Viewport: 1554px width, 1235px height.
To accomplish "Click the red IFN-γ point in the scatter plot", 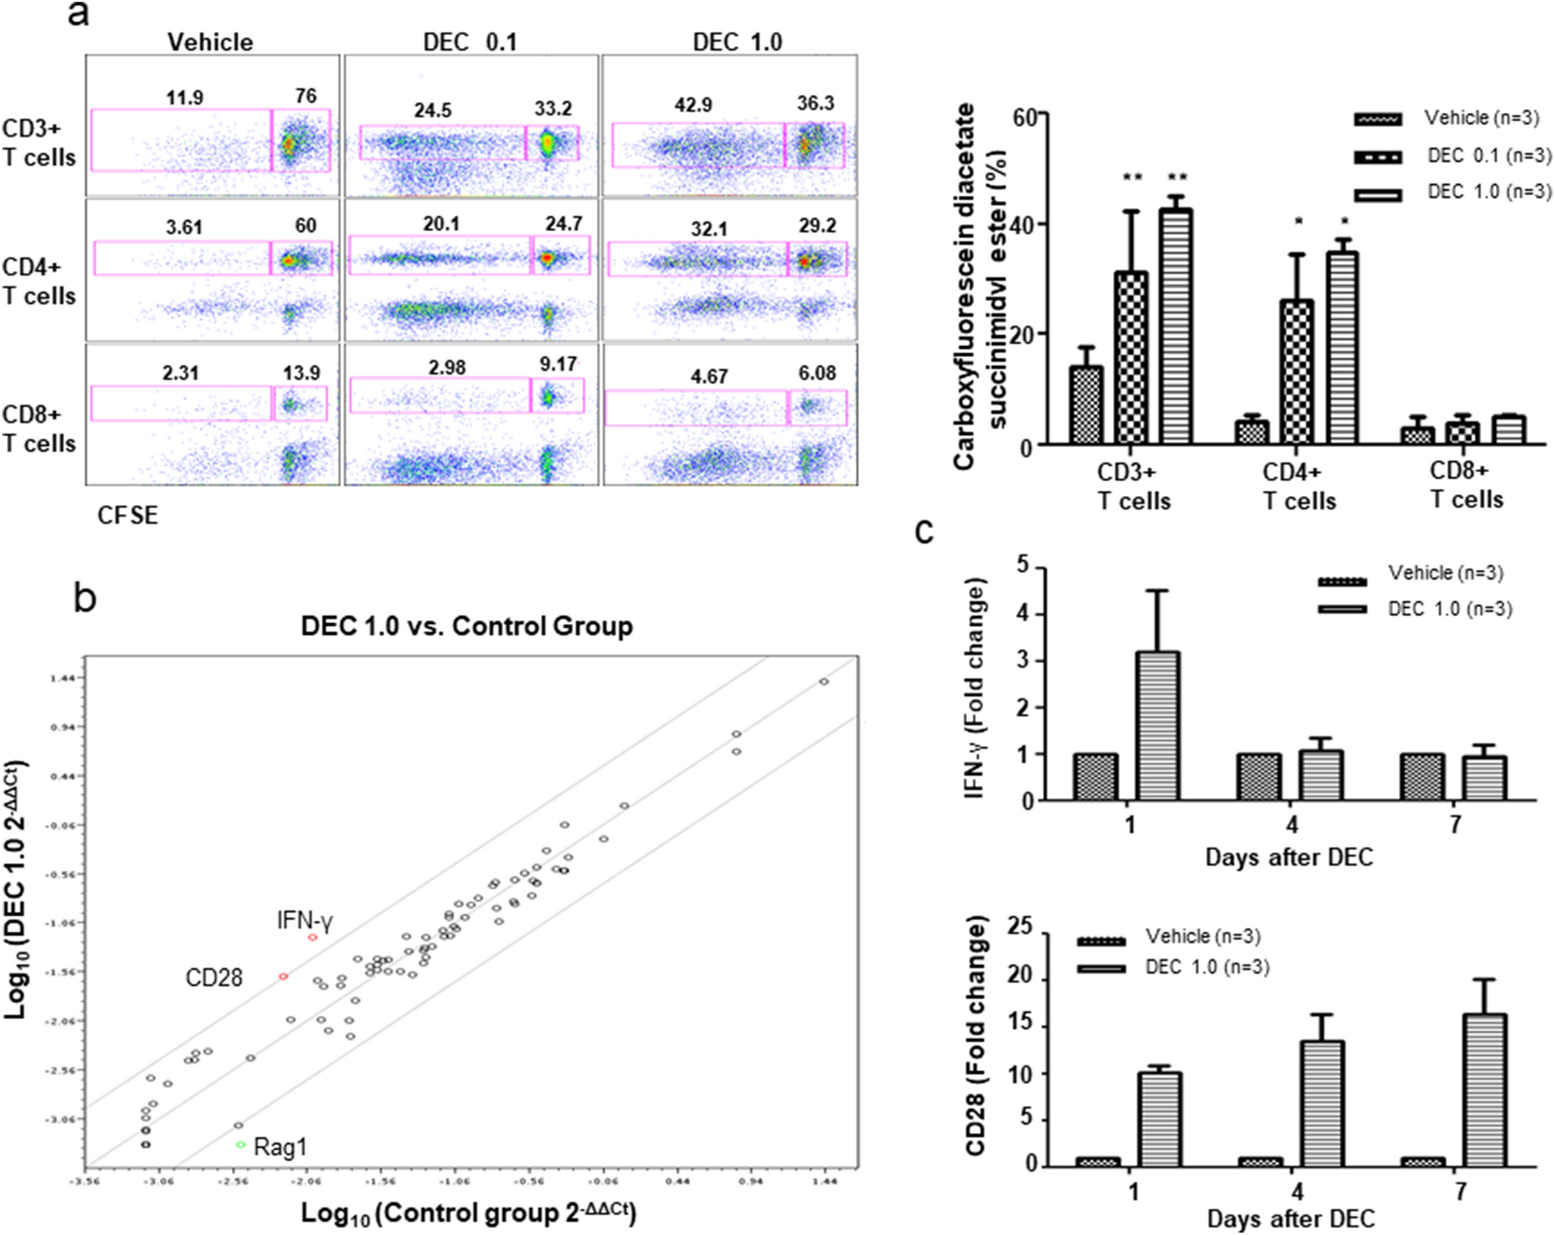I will tap(313, 937).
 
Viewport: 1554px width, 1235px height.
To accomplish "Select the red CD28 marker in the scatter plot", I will tap(283, 976).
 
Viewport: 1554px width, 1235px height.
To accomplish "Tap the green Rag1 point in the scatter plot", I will tap(240, 1145).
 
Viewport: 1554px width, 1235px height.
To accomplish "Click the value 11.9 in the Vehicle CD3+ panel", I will tap(184, 98).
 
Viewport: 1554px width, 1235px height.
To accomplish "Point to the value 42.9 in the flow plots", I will tap(693, 105).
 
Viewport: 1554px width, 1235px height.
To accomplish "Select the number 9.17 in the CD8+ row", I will tap(558, 364).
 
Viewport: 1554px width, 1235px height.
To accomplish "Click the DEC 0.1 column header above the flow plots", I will tap(470, 42).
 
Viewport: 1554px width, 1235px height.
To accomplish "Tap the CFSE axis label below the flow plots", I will tap(128, 516).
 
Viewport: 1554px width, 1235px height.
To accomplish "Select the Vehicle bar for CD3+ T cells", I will tap(1086, 404).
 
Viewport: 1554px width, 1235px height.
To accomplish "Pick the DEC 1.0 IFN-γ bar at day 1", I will tap(1157, 725).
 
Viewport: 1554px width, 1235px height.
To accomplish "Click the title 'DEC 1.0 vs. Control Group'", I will tap(466, 626).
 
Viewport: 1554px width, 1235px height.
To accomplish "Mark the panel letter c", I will tap(924, 530).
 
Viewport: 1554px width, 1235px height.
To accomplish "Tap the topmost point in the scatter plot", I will tap(823, 682).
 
